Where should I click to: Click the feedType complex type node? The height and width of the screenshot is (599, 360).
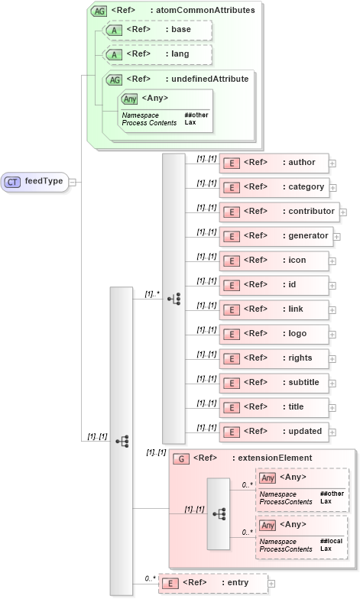34,182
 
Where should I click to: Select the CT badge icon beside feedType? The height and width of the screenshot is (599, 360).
14,182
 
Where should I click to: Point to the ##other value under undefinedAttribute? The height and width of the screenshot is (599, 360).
196,115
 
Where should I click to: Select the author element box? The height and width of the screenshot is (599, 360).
274,163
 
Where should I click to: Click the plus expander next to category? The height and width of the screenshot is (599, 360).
332,187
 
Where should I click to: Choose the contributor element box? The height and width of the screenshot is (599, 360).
278,212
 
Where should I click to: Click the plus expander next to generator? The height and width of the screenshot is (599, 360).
337,236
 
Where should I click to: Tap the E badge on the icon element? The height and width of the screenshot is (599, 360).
231,261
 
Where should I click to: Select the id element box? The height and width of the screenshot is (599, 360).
274,285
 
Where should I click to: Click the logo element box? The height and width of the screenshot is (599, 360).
274,334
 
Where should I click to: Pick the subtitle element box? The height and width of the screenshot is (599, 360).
274,382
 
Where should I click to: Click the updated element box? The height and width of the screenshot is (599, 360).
274,431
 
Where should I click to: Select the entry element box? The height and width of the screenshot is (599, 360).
212,583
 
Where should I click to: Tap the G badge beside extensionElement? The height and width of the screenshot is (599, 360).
181,458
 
